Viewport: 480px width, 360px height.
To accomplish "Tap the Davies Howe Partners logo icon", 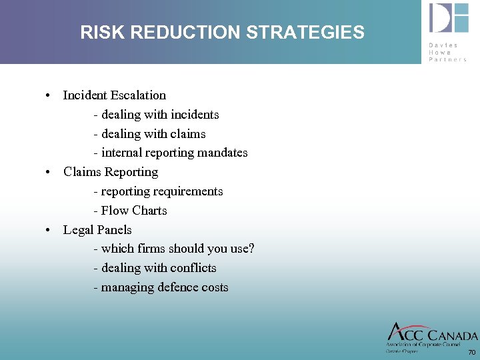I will [449, 18].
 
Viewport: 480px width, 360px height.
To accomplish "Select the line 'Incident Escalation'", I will [114, 95].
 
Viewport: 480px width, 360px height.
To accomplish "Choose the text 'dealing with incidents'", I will [160, 115].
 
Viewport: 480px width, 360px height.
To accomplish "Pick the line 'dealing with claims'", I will [153, 134].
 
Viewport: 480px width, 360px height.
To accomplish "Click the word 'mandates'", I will [224, 153].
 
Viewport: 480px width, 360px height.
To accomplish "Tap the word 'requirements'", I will [189, 191].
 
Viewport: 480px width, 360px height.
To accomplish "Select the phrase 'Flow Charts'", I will [134, 211].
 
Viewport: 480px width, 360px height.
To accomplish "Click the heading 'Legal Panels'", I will [97, 230].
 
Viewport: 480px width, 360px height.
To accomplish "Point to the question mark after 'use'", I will [251, 249].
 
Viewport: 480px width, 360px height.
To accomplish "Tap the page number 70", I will [472, 352].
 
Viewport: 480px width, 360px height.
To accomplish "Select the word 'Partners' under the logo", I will [448, 59].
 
